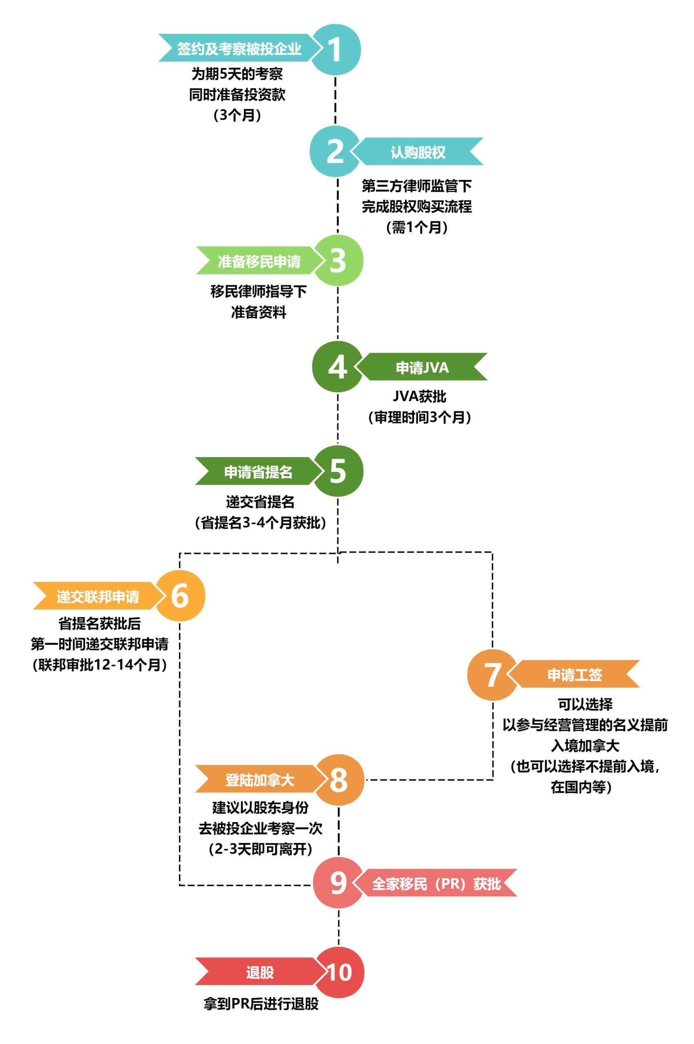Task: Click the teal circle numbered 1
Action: (x=335, y=49)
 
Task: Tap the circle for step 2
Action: (x=335, y=151)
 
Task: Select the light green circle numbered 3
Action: (x=338, y=261)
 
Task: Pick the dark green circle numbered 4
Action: (x=338, y=367)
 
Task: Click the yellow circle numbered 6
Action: (x=180, y=596)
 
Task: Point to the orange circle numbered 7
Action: (x=493, y=675)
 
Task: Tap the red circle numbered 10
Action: (x=339, y=973)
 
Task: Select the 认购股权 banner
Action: (x=418, y=152)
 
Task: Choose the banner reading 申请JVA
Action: (x=423, y=367)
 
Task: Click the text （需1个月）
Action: (x=417, y=227)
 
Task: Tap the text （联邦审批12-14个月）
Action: (x=99, y=665)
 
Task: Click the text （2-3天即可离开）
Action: (x=261, y=849)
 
